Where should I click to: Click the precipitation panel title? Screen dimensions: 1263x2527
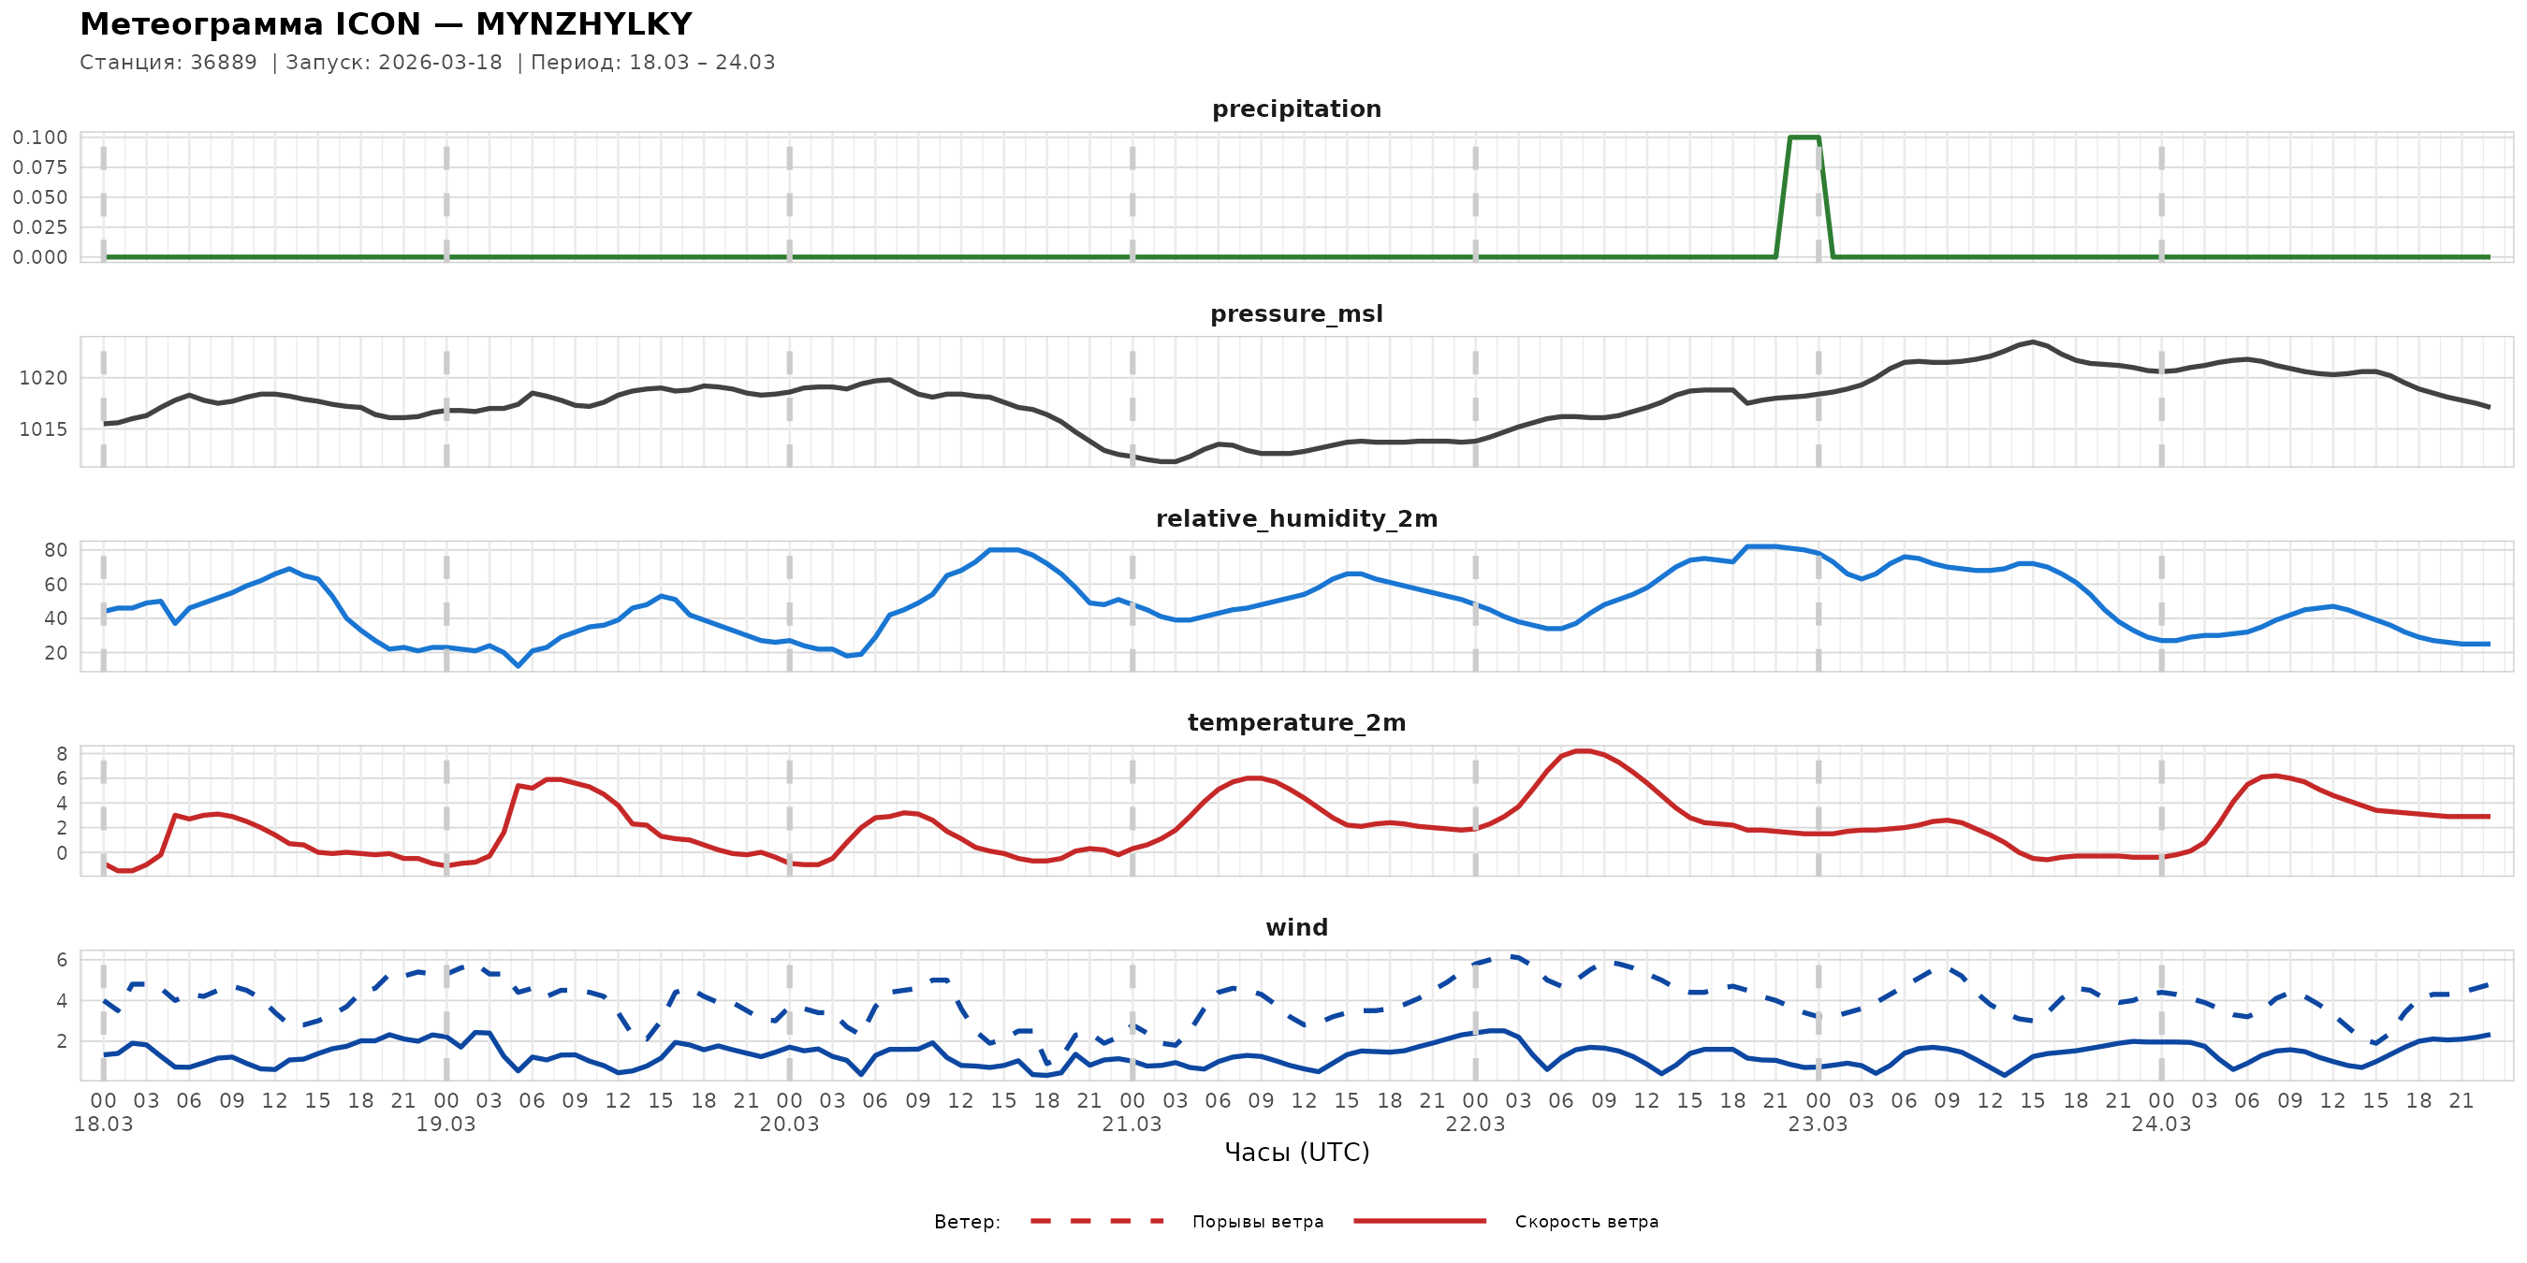pos(1296,109)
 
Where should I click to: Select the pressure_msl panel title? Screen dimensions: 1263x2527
pos(1296,313)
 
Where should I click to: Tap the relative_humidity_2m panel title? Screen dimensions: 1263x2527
pos(1296,518)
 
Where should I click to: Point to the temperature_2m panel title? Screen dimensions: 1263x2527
pos(1296,722)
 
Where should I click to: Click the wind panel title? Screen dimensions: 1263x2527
pos(1296,928)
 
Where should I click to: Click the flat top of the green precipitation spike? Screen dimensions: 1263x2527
pos(1804,138)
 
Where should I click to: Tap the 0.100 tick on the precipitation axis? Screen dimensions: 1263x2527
pos(40,138)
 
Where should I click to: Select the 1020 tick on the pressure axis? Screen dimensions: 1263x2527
pos(43,379)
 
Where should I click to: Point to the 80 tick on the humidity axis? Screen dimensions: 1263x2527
pos(56,550)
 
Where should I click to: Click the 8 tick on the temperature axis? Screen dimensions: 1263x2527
pos(62,754)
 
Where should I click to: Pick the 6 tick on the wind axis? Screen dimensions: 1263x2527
pos(62,960)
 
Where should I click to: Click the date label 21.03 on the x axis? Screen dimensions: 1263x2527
pos(1132,1125)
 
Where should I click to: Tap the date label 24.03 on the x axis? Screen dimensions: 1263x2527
pos(2160,1125)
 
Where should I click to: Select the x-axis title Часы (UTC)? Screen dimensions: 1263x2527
pos(1296,1153)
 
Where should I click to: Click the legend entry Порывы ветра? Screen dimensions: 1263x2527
pos(1258,1222)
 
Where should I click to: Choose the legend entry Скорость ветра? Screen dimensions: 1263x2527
pos(1586,1222)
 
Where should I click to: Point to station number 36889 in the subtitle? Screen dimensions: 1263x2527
pos(224,63)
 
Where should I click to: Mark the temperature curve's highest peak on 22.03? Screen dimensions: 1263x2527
pos(1583,751)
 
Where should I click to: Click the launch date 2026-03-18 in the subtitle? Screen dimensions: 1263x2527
pos(440,63)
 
